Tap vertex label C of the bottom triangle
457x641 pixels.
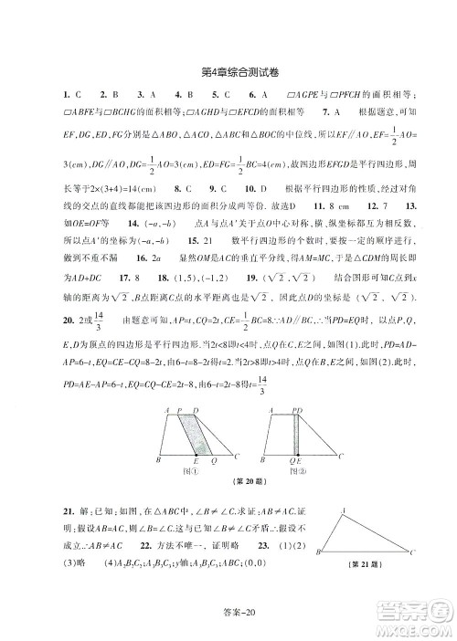[413, 552]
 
